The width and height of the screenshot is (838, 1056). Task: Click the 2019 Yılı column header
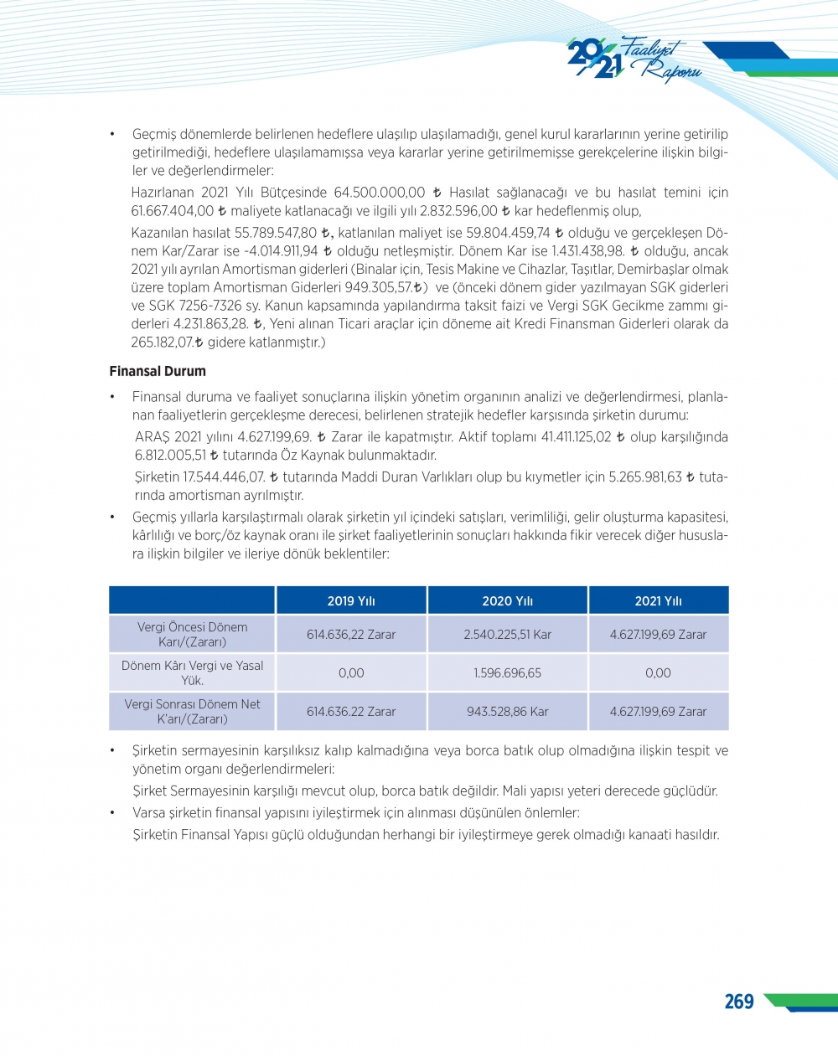pyautogui.click(x=351, y=600)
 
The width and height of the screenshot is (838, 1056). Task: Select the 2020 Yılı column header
pyautogui.click(x=507, y=600)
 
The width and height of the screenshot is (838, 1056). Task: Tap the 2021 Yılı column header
pyautogui.click(x=658, y=600)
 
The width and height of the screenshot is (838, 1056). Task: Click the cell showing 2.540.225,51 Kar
pyautogui.click(x=507, y=634)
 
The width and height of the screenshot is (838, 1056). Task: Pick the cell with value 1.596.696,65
pyautogui.click(x=507, y=672)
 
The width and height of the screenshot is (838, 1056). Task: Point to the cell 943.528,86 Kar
pyautogui.click(x=507, y=711)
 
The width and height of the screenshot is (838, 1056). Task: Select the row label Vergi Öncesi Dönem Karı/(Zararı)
pyautogui.click(x=192, y=634)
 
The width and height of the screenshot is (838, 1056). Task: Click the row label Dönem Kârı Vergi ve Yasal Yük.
pyautogui.click(x=192, y=672)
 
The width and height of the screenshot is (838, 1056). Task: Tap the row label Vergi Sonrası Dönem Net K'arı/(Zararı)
pyautogui.click(x=192, y=711)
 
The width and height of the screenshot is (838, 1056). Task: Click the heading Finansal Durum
pyautogui.click(x=158, y=371)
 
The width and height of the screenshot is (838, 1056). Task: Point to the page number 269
pyautogui.click(x=738, y=1002)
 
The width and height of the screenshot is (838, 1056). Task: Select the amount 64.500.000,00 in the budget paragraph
pyautogui.click(x=380, y=193)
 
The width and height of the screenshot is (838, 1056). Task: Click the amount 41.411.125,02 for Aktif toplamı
pyautogui.click(x=577, y=437)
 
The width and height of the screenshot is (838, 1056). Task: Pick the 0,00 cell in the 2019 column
pyautogui.click(x=351, y=672)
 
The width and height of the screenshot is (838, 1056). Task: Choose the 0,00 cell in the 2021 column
pyautogui.click(x=658, y=672)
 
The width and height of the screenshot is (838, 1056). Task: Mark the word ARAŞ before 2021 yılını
pyautogui.click(x=153, y=437)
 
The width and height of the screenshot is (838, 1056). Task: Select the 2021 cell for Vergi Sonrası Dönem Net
pyautogui.click(x=658, y=711)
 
